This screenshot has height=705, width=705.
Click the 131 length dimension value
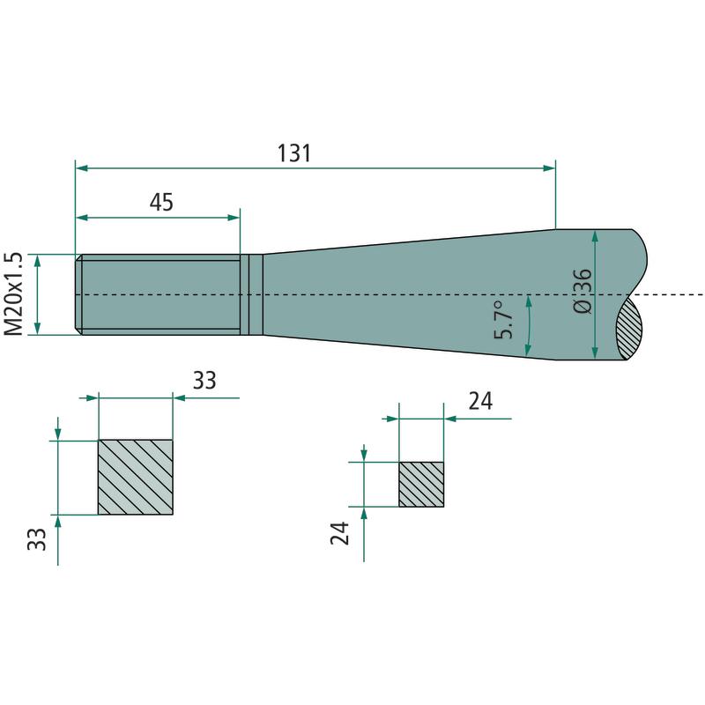click(x=294, y=153)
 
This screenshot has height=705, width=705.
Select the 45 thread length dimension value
click(x=161, y=203)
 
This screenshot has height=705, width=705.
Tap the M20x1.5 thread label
click(x=13, y=294)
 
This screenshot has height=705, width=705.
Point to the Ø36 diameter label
click(x=583, y=292)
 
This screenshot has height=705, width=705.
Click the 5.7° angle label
click(x=503, y=320)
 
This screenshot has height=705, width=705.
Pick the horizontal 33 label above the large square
click(x=204, y=381)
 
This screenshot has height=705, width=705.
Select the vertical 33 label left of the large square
click(x=37, y=539)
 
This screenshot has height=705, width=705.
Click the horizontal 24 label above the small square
click(x=480, y=401)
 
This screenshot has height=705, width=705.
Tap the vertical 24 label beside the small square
click(x=340, y=533)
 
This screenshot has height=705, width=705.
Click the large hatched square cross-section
click(x=136, y=477)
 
